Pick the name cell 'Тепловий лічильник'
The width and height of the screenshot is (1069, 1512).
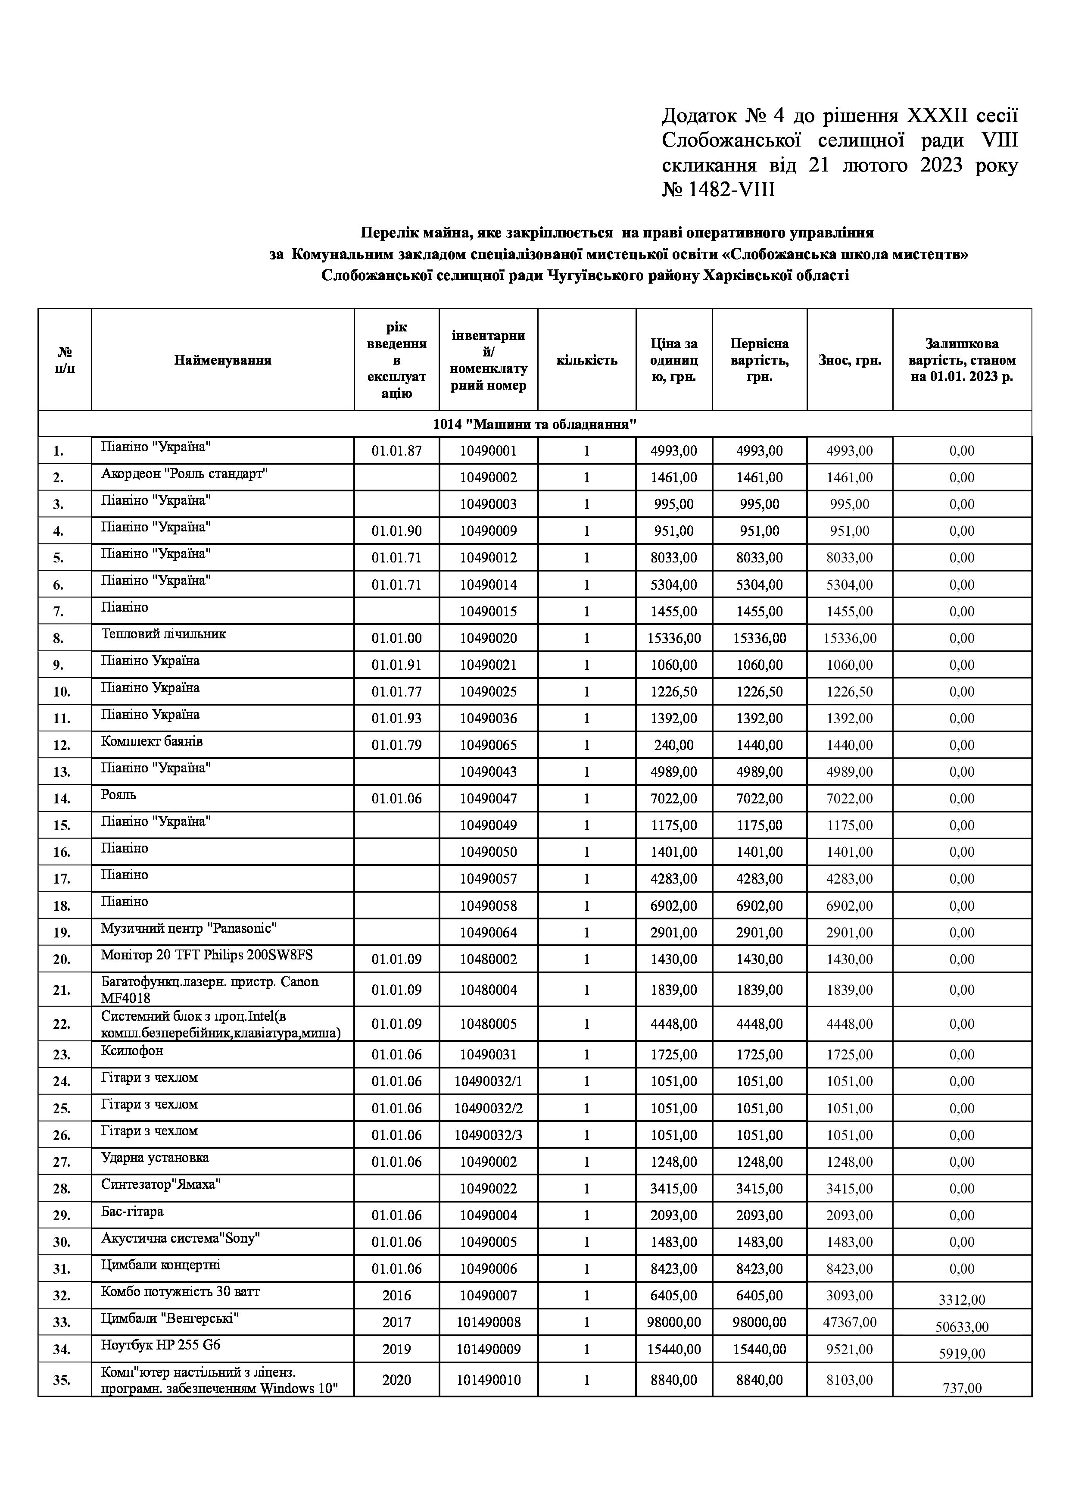[163, 634]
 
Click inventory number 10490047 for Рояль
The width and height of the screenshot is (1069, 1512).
[489, 799]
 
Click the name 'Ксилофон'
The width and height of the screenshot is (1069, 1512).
[132, 1050]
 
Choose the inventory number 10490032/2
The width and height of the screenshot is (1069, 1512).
[489, 1108]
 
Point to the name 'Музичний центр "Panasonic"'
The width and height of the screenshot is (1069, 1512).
[189, 928]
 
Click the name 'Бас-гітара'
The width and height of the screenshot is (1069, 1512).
[132, 1212]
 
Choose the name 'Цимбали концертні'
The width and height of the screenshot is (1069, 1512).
[161, 1265]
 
